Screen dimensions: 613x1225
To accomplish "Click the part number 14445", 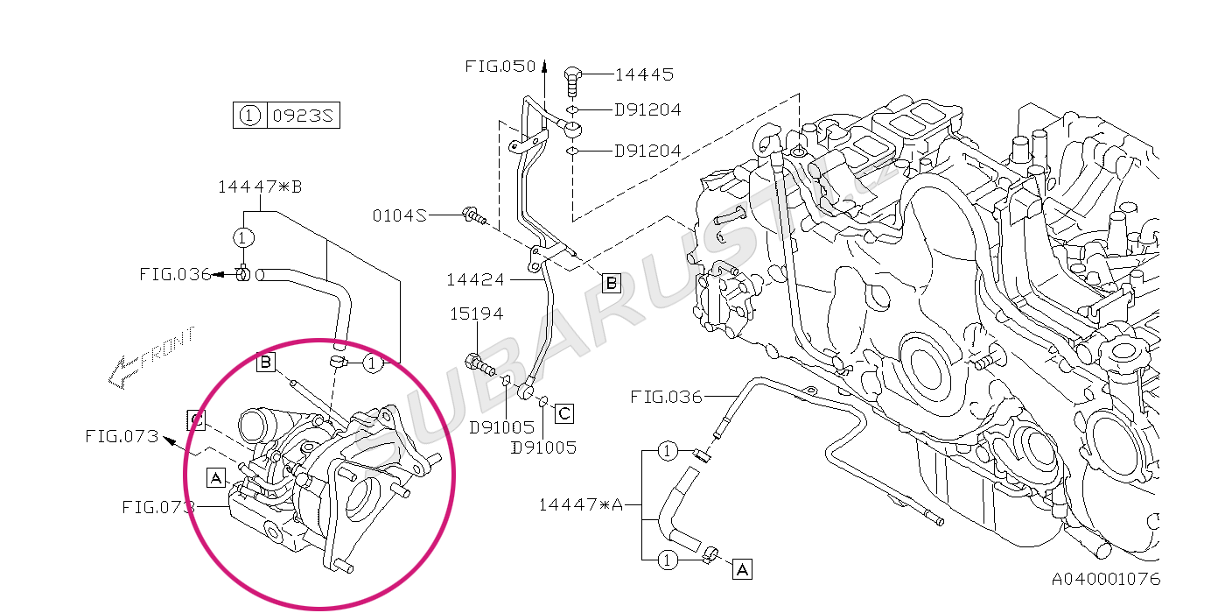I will pyautogui.click(x=644, y=74).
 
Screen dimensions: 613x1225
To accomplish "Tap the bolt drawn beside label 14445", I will pyautogui.click(x=574, y=78).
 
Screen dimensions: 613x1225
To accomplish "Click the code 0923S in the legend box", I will pyautogui.click(x=302, y=115).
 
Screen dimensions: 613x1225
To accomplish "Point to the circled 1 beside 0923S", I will pyautogui.click(x=249, y=115).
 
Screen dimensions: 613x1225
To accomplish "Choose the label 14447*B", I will pyautogui.click(x=260, y=187).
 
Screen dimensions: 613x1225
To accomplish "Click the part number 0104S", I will pyautogui.click(x=399, y=215).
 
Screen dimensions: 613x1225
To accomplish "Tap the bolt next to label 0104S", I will pyautogui.click(x=474, y=215).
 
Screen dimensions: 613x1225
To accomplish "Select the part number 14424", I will pyautogui.click(x=475, y=280).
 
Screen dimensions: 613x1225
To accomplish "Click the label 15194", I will pyautogui.click(x=477, y=313).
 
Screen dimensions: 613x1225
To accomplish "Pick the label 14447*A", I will pyautogui.click(x=580, y=504).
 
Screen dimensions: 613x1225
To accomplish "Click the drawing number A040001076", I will pyautogui.click(x=1106, y=579).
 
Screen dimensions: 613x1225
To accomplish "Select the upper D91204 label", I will pyautogui.click(x=647, y=110).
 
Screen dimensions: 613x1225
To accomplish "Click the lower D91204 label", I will pyautogui.click(x=647, y=151).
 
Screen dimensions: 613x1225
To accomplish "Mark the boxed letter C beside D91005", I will pyautogui.click(x=564, y=412).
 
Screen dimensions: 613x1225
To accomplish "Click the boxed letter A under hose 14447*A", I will pyautogui.click(x=742, y=569).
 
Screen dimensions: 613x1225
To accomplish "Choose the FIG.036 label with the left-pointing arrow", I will pyautogui.click(x=175, y=274).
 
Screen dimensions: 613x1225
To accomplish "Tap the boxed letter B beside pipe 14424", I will pyautogui.click(x=611, y=282).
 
